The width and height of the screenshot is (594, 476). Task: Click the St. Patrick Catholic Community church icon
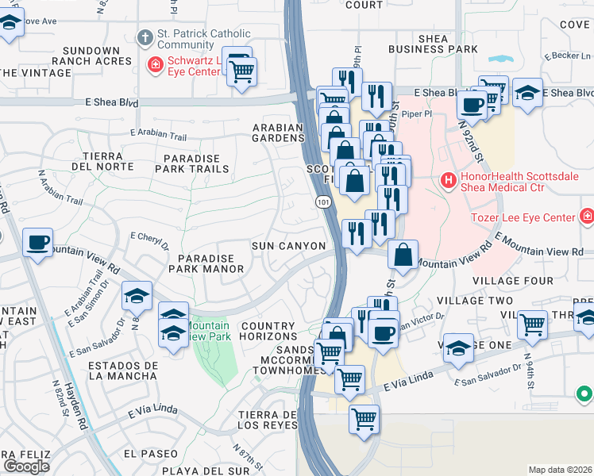tap(145, 37)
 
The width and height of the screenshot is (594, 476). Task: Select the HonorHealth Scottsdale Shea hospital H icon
tap(449, 181)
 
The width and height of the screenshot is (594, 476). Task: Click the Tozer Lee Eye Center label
tap(534, 217)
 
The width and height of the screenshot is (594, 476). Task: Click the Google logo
tap(26, 466)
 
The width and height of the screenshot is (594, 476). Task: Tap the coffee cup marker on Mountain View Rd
tap(37, 241)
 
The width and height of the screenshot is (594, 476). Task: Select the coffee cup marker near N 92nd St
tap(472, 104)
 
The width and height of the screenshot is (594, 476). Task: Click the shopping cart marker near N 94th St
tap(531, 323)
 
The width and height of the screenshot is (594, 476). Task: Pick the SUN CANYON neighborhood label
tap(288, 247)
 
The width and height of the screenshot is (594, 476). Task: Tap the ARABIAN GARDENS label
tap(278, 132)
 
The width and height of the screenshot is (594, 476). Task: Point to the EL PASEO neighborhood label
tap(151, 454)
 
